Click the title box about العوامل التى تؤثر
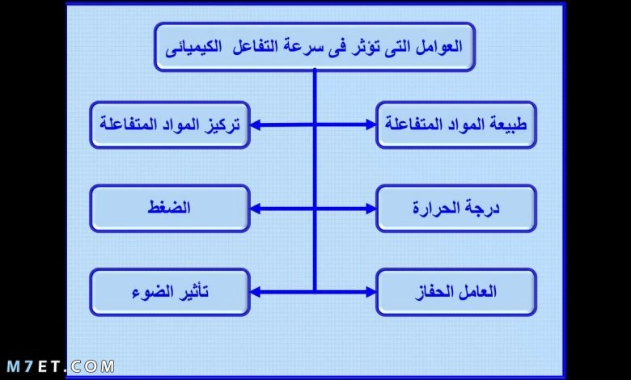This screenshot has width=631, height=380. pos(315,47)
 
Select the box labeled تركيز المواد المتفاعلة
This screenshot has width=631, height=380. pos(170,125)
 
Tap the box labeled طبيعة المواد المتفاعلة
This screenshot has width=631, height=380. pos(456,125)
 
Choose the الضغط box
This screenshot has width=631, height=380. pos(170,209)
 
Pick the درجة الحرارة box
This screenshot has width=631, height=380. pos(456,209)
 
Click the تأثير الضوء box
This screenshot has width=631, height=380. pos(170,293)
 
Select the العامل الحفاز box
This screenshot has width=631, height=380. pos(456,293)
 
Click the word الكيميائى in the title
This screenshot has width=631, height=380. pos(193,48)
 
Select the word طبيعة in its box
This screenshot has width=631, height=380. pos(508,125)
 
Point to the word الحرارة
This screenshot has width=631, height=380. pos(436,209)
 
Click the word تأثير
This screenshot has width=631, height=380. pos(193,292)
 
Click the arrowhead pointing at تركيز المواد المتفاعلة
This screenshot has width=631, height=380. pos(255,125)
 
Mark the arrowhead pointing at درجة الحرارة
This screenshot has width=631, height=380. pos(371,209)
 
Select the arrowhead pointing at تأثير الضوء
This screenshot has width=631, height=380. pos(255,293)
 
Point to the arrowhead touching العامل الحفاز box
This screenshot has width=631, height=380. pos(371,293)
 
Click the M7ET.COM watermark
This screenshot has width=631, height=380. pos(61,367)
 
